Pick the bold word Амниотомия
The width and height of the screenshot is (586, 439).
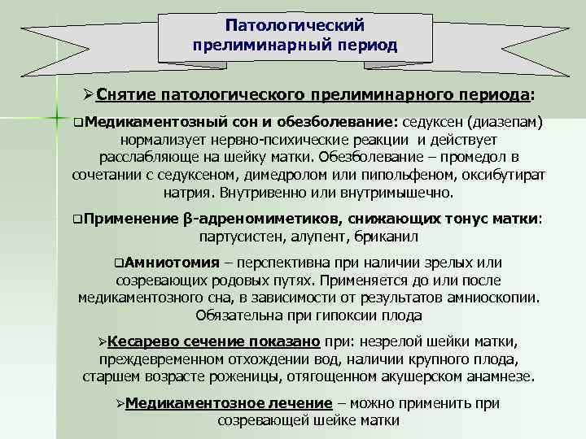coord(173,263)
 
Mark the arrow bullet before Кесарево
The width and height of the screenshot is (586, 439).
coord(101,341)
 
